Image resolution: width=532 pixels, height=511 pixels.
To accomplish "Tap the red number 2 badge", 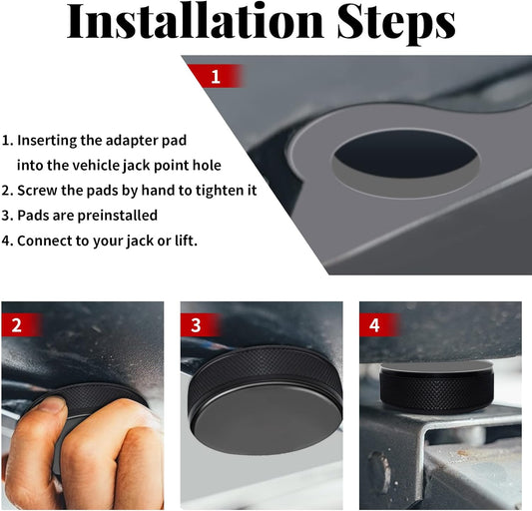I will point(17,324).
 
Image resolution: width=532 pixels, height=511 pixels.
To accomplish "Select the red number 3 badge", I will point(196,324).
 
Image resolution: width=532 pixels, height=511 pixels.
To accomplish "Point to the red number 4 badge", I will point(375,324).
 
